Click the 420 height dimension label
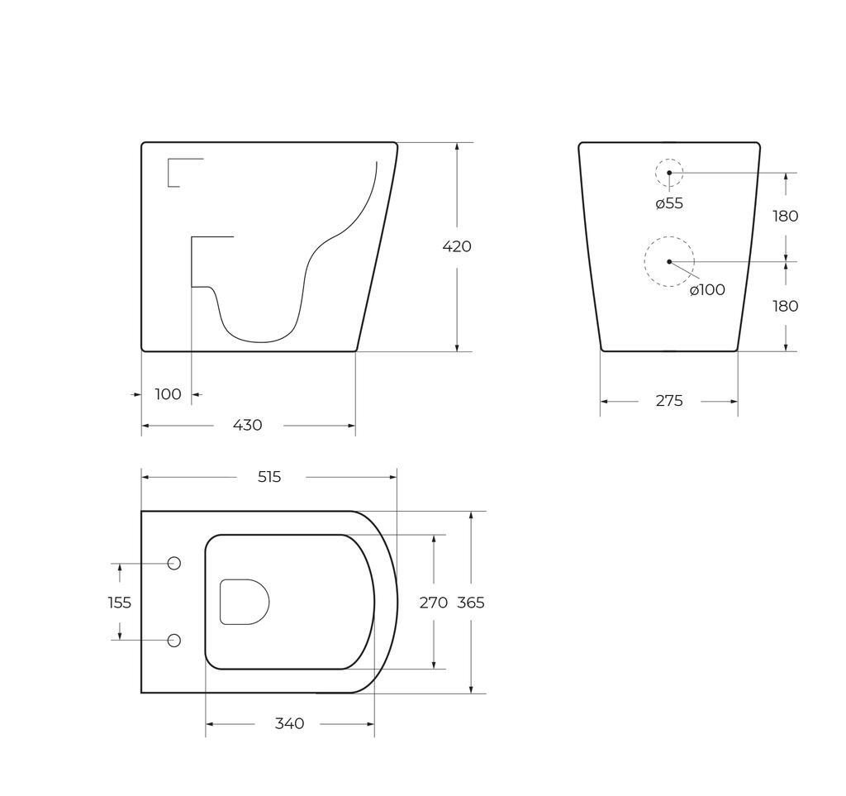[x=456, y=246]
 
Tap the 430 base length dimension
[x=247, y=425]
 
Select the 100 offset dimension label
[x=168, y=394]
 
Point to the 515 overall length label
[x=269, y=477]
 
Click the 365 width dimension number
[x=471, y=603]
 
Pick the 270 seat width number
[x=433, y=603]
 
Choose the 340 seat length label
[x=289, y=723]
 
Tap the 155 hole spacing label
[x=120, y=603]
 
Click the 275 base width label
[x=669, y=401]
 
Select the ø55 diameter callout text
[x=669, y=203]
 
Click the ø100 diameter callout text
[x=707, y=289]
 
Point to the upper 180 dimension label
[x=785, y=217]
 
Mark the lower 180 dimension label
[x=785, y=306]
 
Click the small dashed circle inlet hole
[x=669, y=173]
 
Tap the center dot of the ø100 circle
[x=669, y=261]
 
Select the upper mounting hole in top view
[x=174, y=563]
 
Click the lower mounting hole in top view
[x=174, y=641]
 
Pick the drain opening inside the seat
[x=245, y=602]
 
